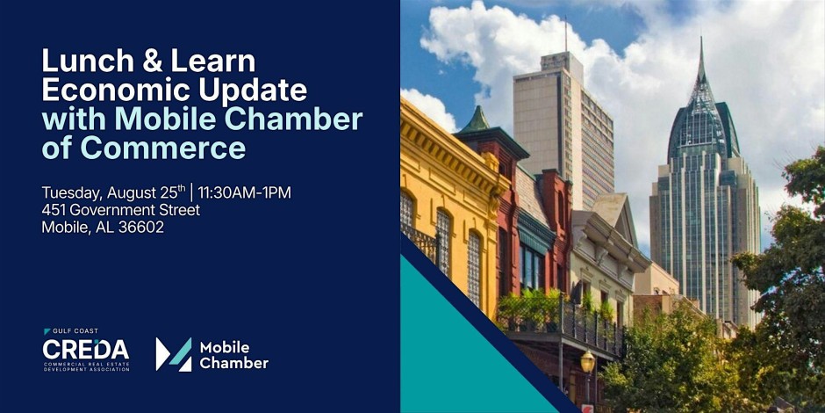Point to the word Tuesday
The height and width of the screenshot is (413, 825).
click(x=72, y=193)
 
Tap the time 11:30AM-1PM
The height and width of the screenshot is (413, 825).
click(x=244, y=192)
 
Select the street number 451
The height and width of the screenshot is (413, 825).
click(x=54, y=210)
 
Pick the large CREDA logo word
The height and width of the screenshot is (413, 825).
click(x=86, y=349)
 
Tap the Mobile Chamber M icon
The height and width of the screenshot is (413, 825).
click(x=174, y=354)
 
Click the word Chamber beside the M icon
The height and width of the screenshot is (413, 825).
click(x=234, y=363)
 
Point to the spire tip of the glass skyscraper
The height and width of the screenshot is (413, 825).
click(x=701, y=38)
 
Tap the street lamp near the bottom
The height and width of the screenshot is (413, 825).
click(x=588, y=362)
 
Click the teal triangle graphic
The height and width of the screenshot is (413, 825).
click(x=463, y=348)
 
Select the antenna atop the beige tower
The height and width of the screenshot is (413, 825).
click(x=566, y=33)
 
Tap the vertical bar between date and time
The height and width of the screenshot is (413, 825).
click(x=192, y=192)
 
